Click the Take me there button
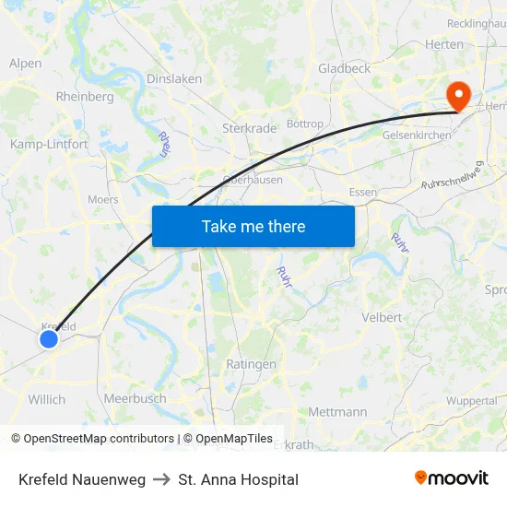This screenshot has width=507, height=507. [x=253, y=226]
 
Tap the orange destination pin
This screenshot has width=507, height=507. [x=457, y=95]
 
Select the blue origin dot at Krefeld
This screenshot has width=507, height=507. [x=49, y=339]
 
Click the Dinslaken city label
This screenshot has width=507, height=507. [x=174, y=79]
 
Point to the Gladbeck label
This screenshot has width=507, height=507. [x=344, y=68]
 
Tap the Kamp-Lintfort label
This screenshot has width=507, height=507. [x=49, y=144]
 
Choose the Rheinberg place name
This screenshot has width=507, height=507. [x=85, y=96]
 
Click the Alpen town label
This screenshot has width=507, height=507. [x=25, y=64]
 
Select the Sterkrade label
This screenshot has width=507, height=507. [x=249, y=128]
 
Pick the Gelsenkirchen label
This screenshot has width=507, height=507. [x=417, y=135]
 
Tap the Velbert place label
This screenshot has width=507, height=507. [x=381, y=317]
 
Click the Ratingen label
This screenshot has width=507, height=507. [x=251, y=364]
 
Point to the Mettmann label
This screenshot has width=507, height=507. [x=337, y=411]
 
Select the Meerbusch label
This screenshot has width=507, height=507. [x=135, y=398]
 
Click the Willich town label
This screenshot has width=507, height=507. [x=47, y=399]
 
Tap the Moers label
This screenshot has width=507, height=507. [x=102, y=199]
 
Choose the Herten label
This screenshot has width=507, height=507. [x=444, y=44]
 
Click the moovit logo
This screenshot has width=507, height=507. [x=452, y=478]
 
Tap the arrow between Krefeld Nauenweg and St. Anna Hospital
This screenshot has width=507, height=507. [x=162, y=479]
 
